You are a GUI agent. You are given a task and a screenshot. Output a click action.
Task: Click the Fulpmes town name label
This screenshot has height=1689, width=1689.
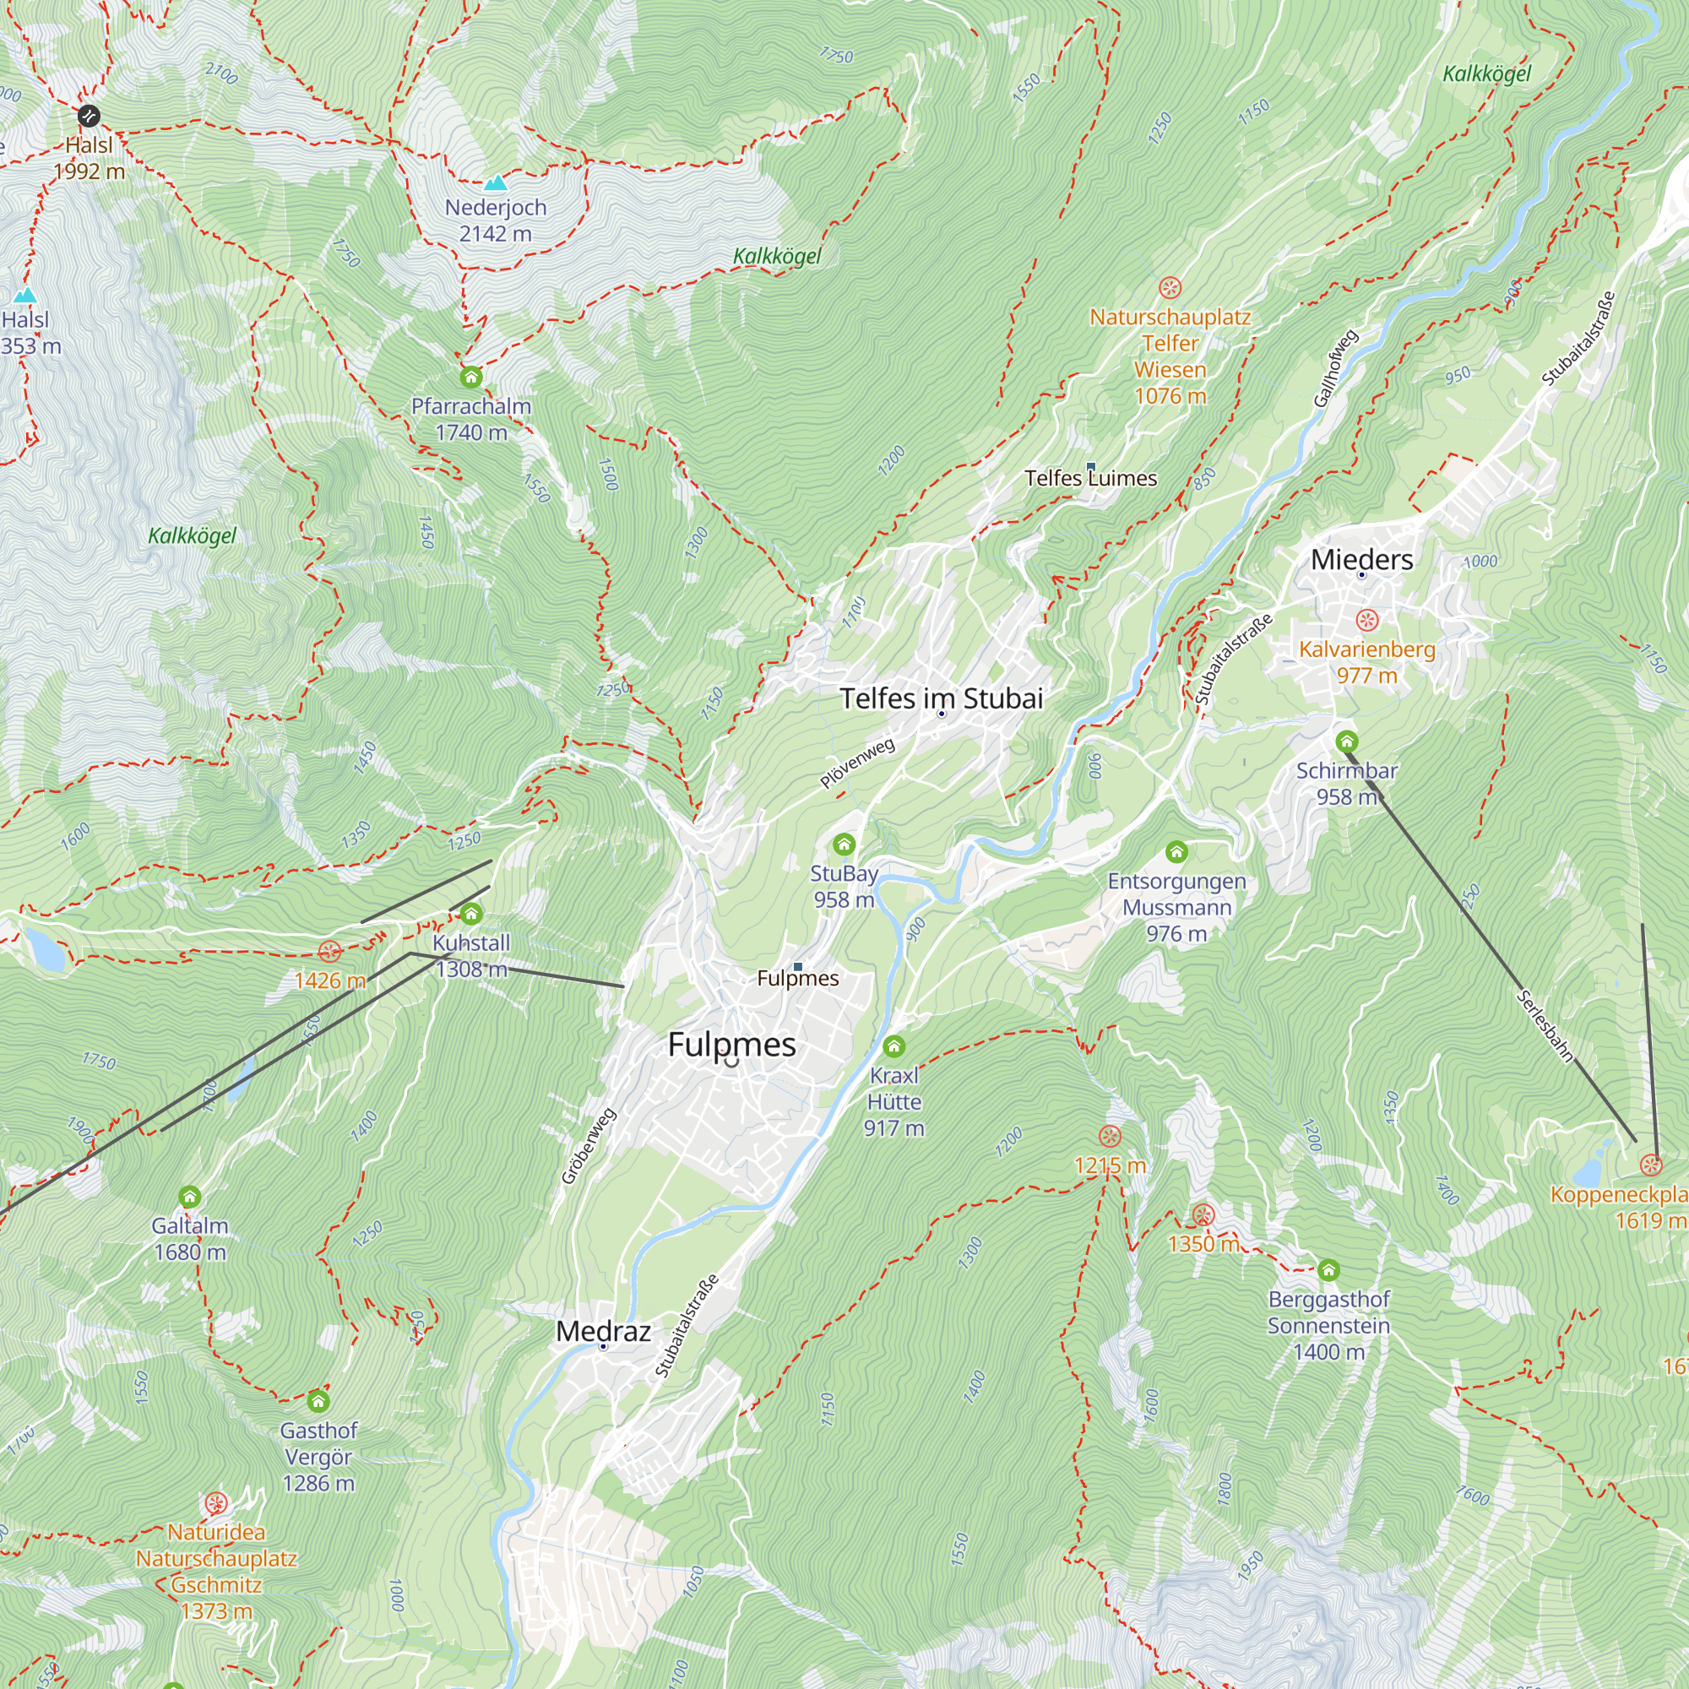pos(731,1045)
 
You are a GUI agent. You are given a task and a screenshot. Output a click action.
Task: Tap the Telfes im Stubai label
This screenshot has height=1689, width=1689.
pos(942,698)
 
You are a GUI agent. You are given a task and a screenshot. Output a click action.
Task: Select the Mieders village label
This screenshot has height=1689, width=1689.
pos(1361,560)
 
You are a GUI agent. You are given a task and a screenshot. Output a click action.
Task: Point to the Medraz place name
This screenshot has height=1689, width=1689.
pos(603,1332)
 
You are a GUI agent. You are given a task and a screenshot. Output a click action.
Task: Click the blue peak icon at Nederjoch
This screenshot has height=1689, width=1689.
pos(496,182)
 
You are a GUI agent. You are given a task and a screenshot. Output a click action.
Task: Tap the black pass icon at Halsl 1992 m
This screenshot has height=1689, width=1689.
pos(89,116)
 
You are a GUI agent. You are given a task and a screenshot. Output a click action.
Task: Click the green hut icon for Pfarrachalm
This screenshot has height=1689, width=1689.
pos(471,377)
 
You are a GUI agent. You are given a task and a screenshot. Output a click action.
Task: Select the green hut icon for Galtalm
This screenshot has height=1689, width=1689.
pos(190,1197)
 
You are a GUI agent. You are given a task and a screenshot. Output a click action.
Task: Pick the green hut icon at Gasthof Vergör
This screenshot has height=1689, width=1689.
pos(318,1402)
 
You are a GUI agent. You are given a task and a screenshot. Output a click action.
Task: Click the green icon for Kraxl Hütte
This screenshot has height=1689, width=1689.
pos(893,1046)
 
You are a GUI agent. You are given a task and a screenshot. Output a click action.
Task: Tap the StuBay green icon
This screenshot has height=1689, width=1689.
pos(844,844)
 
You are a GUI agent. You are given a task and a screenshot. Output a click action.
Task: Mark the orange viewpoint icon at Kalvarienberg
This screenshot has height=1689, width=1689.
pos(1366,621)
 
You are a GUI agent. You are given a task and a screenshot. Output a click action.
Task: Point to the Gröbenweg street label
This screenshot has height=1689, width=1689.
pos(589,1146)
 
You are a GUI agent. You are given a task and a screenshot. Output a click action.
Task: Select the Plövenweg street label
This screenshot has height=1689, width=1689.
pos(858,763)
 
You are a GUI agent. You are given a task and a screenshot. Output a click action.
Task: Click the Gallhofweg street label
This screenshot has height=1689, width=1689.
pos(1336,368)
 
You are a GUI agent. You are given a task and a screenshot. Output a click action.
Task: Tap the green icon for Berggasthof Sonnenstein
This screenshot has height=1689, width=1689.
pos(1328,1270)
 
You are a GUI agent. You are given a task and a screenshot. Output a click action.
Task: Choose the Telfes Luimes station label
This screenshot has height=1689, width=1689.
pos(1090,478)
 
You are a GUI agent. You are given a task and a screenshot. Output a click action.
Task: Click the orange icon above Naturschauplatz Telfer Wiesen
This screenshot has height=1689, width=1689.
pos(1170,288)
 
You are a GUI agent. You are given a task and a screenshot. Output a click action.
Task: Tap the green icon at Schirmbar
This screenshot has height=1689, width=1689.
pos(1346,742)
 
